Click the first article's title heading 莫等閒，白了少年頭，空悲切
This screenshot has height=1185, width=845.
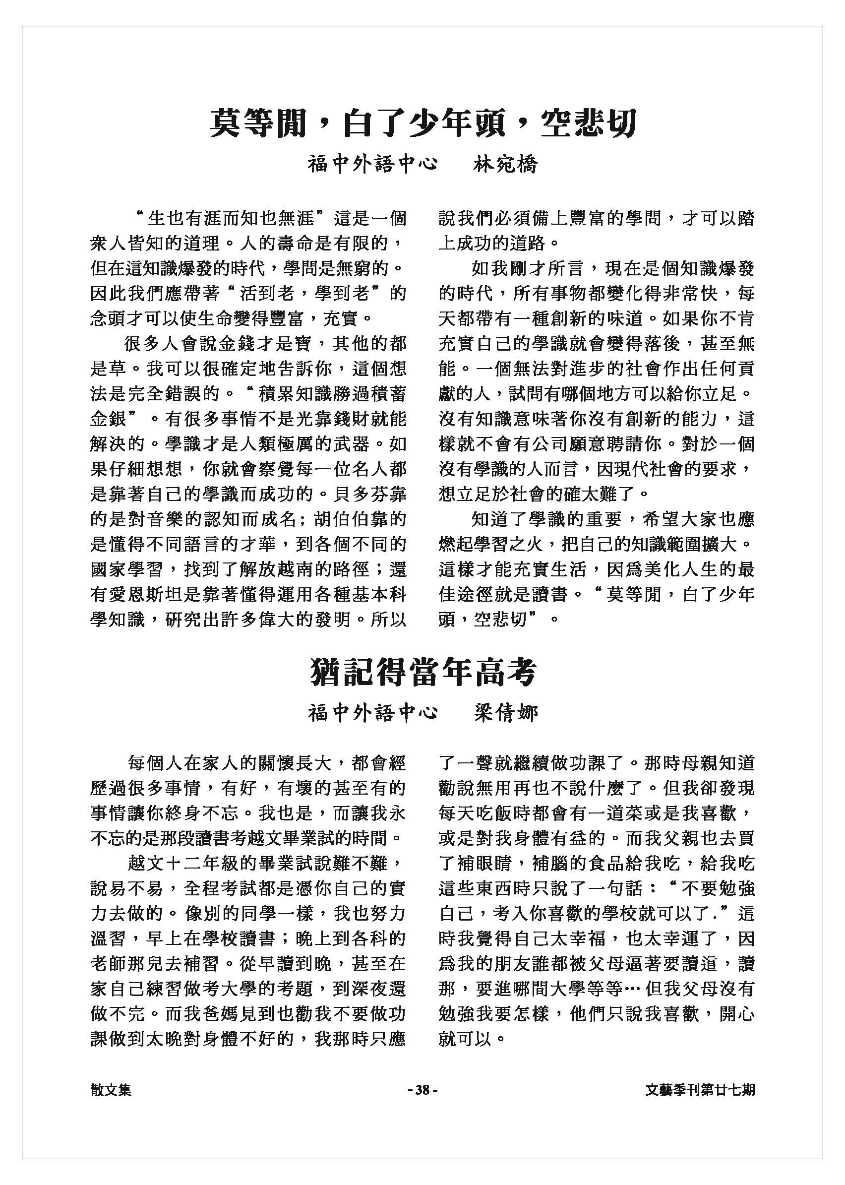[422, 124]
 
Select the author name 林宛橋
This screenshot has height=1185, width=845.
[505, 165]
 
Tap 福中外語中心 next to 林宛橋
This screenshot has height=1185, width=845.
[372, 165]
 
